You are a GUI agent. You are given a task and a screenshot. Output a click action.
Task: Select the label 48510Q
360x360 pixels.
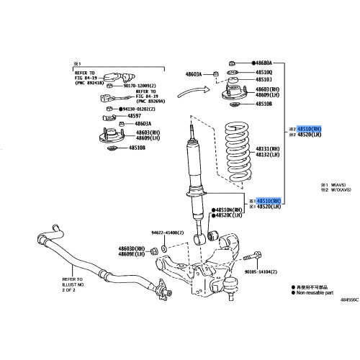261,73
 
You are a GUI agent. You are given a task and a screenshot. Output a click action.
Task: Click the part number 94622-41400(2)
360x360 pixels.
173,233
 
